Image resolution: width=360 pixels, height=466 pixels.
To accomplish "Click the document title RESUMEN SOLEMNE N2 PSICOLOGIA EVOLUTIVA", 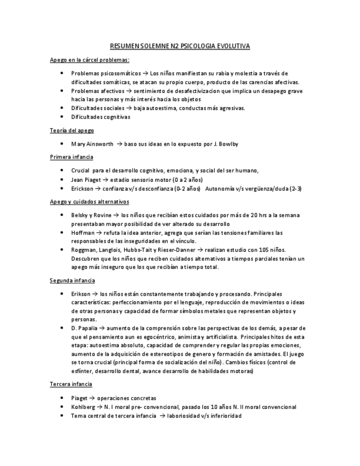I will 180,47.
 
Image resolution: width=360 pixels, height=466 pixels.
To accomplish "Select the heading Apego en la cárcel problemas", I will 89,60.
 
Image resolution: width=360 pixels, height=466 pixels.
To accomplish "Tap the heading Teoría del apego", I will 71,130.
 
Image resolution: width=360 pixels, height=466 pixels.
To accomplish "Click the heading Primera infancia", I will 71,157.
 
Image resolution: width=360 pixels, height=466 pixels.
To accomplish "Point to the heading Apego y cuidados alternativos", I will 89,202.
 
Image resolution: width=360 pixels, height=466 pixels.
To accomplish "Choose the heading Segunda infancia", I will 72,280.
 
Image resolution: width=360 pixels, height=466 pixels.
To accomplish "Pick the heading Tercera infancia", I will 71,384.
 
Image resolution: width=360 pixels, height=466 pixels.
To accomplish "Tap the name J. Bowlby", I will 225,144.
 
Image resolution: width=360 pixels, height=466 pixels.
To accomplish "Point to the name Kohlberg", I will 84,407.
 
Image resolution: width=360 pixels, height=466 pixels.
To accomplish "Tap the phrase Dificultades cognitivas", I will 101,117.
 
